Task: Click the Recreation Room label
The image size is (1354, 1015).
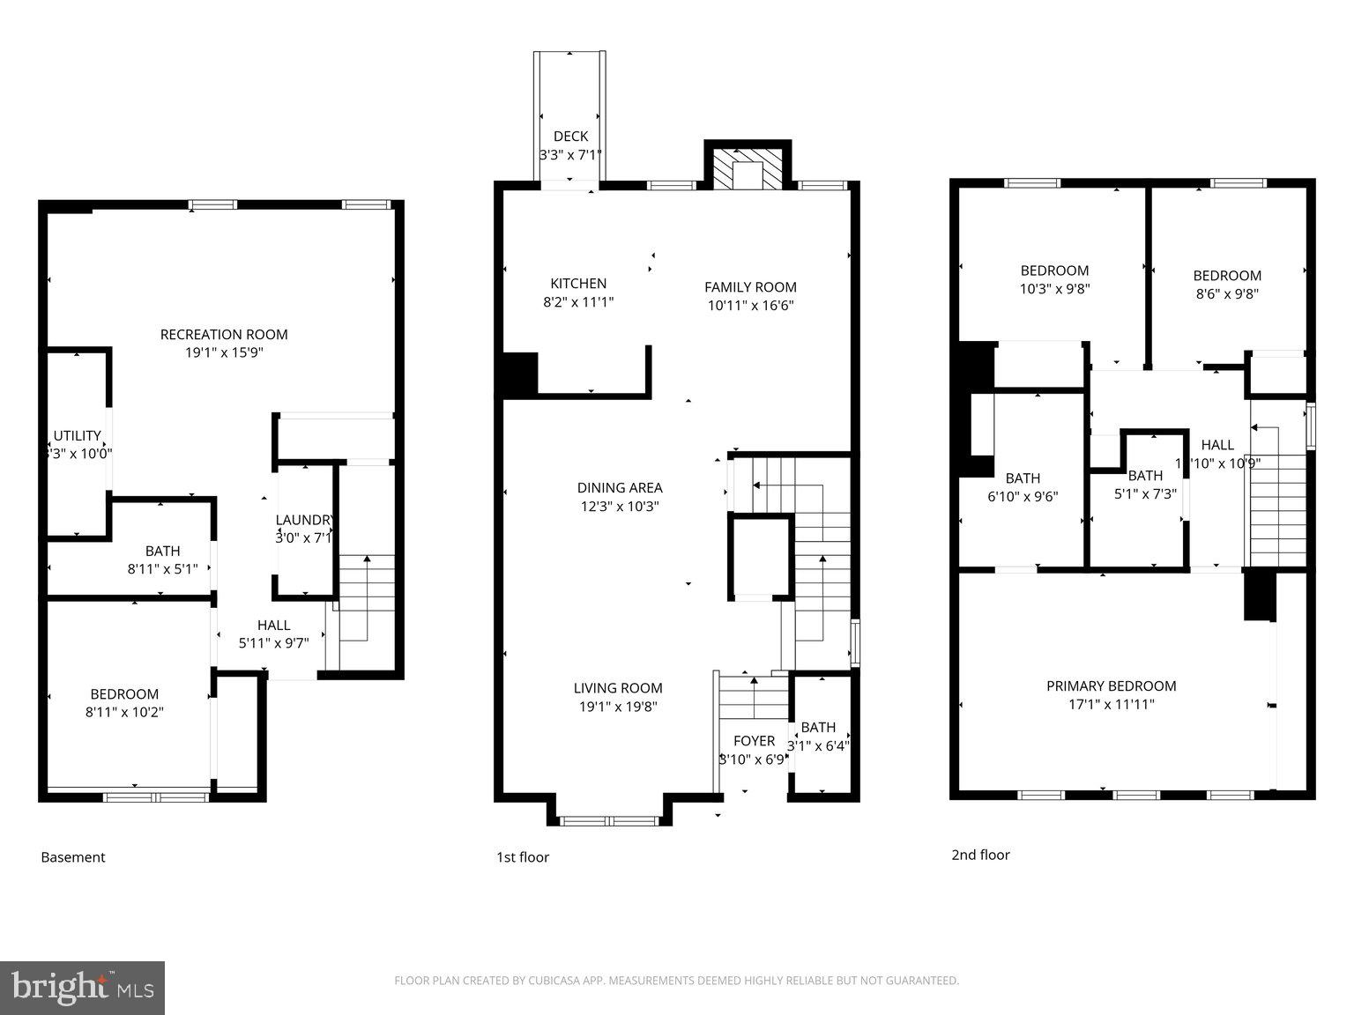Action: pyautogui.click(x=224, y=335)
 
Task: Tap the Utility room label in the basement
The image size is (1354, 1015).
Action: pyautogui.click(x=78, y=436)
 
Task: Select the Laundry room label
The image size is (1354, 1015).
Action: pyautogui.click(x=304, y=520)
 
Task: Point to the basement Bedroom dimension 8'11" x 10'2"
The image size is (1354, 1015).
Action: pyautogui.click(x=124, y=712)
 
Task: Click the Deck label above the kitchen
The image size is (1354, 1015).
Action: pyautogui.click(x=570, y=137)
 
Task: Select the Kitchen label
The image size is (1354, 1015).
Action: pyautogui.click(x=578, y=284)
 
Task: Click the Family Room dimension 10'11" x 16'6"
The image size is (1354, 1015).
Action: pyautogui.click(x=750, y=306)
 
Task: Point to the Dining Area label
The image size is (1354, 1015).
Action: pyautogui.click(x=620, y=488)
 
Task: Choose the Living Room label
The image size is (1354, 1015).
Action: pyautogui.click(x=618, y=688)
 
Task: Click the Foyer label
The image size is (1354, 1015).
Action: pyautogui.click(x=754, y=741)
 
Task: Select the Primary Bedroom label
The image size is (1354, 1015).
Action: pyautogui.click(x=1111, y=686)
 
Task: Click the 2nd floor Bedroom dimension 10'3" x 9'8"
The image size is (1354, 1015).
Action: pyautogui.click(x=1055, y=288)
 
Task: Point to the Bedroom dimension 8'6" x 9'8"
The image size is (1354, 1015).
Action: pyautogui.click(x=1227, y=293)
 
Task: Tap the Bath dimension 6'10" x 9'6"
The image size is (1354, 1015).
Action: pyautogui.click(x=1023, y=496)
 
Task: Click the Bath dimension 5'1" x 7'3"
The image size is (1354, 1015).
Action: pyautogui.click(x=1145, y=493)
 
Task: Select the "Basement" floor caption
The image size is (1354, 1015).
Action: pyautogui.click(x=73, y=857)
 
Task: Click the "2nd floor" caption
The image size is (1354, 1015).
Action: pyautogui.click(x=980, y=855)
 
